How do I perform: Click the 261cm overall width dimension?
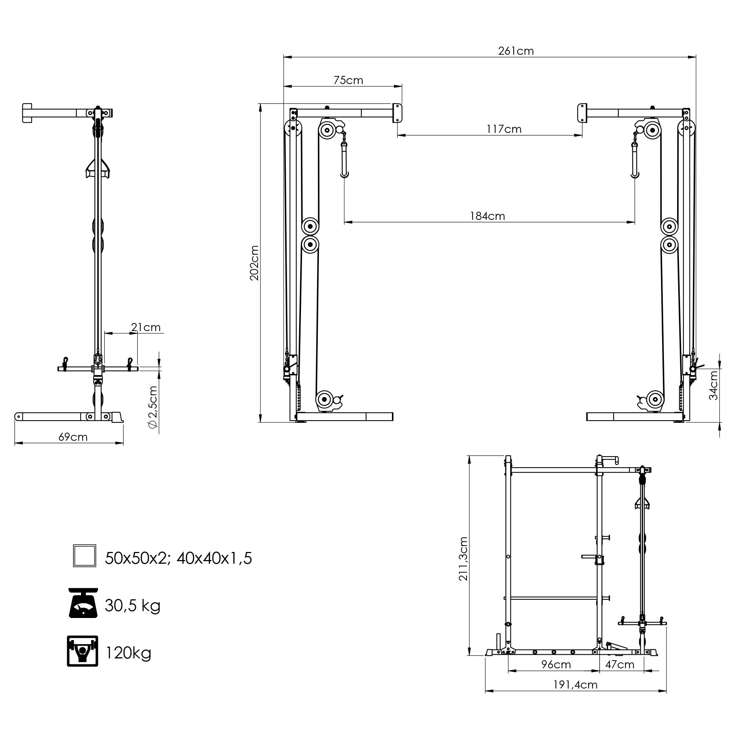point(516,51)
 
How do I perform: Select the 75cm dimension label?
point(348,80)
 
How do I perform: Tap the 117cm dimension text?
point(504,129)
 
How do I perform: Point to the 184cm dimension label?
point(487,216)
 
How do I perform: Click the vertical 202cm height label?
point(254,263)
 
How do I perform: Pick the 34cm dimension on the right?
point(713,385)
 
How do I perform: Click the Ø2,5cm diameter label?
point(153,407)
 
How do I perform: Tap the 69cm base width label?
point(73,437)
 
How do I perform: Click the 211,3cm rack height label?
point(463,559)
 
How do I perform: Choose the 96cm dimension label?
point(556,665)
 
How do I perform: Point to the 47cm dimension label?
point(619,665)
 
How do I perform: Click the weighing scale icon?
point(83,603)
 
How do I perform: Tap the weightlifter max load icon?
point(83,651)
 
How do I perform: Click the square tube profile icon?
point(84,556)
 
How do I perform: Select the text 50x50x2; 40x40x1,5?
point(178,559)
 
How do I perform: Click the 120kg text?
point(128,653)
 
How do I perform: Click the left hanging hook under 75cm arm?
point(344,163)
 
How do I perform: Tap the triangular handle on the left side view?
point(98,169)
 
